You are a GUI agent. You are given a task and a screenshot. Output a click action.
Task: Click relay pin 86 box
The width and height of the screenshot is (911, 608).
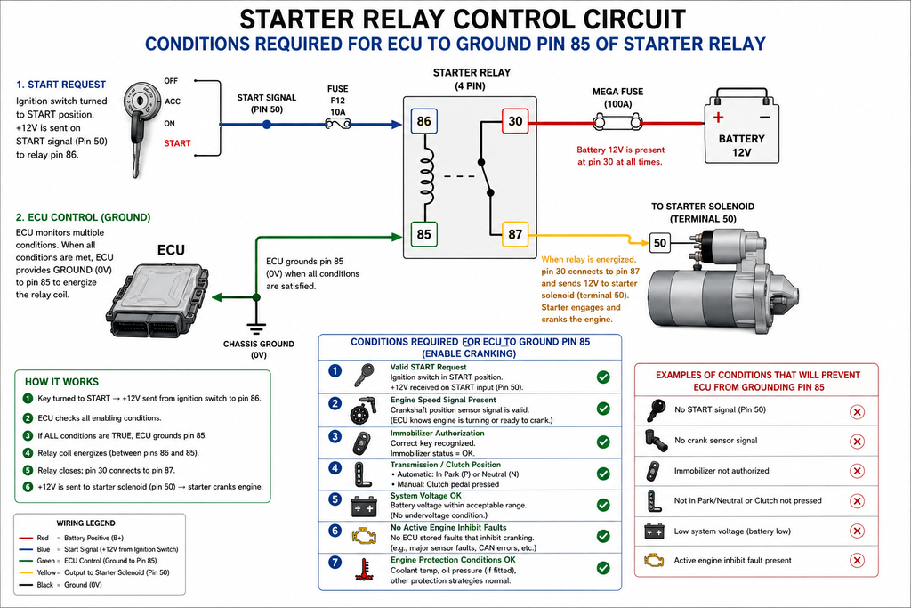423,121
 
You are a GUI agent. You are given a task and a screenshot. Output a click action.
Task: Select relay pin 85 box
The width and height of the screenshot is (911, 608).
423,234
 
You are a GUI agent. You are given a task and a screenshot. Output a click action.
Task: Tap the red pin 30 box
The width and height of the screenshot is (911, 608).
515,121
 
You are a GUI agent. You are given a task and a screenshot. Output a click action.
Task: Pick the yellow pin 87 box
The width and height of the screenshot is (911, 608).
515,234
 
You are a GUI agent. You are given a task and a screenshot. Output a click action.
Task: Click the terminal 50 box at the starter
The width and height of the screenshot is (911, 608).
659,243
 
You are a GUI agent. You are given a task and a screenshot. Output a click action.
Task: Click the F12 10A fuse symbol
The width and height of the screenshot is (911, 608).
337,124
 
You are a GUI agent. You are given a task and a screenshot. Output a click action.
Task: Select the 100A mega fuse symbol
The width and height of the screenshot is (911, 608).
617,123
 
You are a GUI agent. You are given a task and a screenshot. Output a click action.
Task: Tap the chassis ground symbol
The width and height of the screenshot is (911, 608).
256,327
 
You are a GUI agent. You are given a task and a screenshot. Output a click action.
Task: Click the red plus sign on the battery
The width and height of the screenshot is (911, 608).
719,118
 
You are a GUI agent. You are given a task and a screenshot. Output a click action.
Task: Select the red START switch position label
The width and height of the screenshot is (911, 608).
177,143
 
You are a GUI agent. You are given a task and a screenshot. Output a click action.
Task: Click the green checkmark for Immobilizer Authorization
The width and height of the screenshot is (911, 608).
603,442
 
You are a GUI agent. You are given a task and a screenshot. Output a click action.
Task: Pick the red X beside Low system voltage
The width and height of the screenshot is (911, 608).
857,531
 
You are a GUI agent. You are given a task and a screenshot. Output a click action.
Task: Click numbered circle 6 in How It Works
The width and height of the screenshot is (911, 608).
28,487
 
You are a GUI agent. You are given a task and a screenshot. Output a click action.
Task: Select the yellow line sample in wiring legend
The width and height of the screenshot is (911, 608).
26,572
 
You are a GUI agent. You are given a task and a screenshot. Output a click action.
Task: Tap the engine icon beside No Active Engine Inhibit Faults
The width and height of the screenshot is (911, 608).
364,535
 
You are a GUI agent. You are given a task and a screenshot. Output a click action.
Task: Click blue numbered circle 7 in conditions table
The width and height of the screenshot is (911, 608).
335,562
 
